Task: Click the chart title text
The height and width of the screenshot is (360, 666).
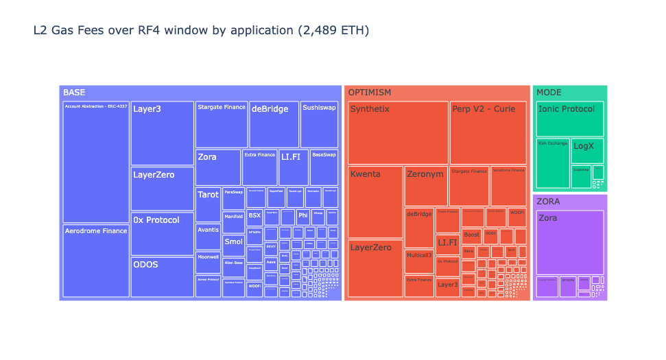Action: pyautogui.click(x=201, y=30)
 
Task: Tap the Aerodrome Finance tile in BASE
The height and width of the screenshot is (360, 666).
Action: pyautogui.click(x=96, y=261)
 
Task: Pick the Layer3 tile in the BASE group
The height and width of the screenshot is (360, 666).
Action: pyautogui.click(x=162, y=133)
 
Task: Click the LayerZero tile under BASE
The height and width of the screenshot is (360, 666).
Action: pyautogui.click(x=162, y=189)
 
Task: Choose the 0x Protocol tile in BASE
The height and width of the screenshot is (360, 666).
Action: pyautogui.click(x=162, y=234)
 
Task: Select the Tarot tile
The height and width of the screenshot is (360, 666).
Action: pyautogui.click(x=208, y=204)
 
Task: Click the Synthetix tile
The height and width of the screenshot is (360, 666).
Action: pyautogui.click(x=398, y=132)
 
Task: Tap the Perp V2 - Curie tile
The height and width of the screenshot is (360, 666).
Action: pyautogui.click(x=488, y=132)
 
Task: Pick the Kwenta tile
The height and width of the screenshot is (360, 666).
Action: pyautogui.click(x=375, y=202)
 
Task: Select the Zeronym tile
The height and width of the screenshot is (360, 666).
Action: pyautogui.click(x=426, y=186)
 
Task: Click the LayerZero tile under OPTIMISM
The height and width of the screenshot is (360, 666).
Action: pyautogui.click(x=375, y=268)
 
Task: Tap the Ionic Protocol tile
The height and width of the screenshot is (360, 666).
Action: pyautogui.click(x=569, y=119)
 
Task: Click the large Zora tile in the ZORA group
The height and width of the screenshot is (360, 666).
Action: pyautogui.click(x=569, y=242)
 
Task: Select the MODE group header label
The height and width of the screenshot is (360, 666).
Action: pyautogui.click(x=549, y=93)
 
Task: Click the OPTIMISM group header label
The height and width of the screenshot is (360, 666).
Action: pyautogui.click(x=370, y=93)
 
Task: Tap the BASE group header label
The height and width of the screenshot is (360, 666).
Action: pyautogui.click(x=74, y=93)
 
